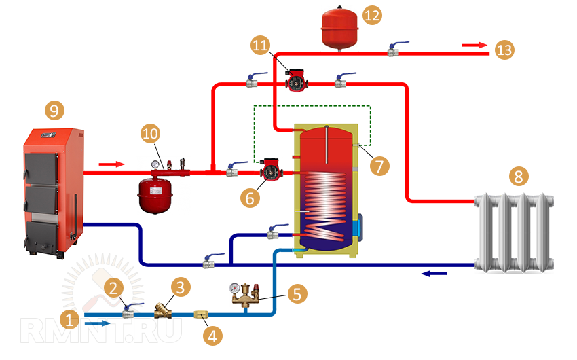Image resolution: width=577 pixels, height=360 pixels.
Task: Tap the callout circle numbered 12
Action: [372, 16]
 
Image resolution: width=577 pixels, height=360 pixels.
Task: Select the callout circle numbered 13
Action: [504, 50]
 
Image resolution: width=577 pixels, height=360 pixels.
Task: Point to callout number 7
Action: [379, 165]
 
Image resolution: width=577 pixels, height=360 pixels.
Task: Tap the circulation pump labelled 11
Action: [296, 81]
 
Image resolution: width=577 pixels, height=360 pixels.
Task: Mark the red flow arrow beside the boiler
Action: [112, 164]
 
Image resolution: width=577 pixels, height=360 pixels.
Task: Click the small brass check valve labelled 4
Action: [202, 314]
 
